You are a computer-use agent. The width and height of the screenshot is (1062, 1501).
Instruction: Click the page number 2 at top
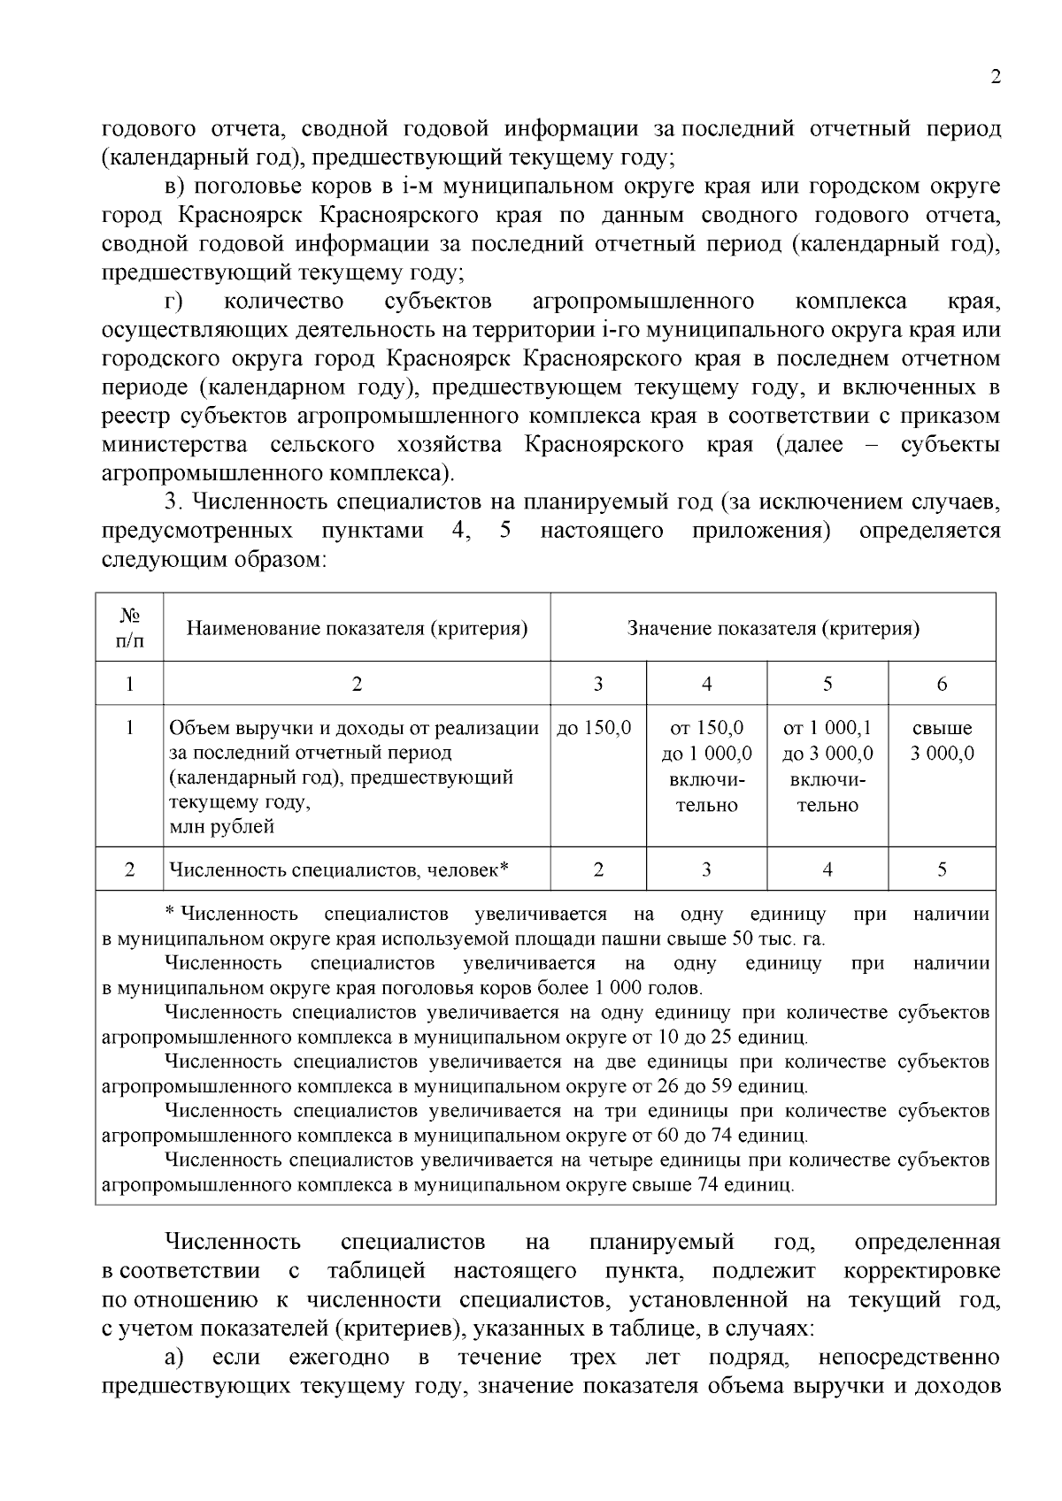(x=996, y=78)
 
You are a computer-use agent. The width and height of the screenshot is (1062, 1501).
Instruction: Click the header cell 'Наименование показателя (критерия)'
(x=357, y=628)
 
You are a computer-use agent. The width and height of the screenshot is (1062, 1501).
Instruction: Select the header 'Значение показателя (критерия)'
(x=773, y=628)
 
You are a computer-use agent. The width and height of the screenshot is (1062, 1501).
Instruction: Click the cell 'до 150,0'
(x=595, y=729)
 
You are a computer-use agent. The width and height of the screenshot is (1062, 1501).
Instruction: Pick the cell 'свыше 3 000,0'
(x=942, y=741)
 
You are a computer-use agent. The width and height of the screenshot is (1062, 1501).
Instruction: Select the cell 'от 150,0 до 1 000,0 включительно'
(x=706, y=766)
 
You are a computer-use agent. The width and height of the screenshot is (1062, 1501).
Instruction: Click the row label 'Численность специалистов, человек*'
(x=339, y=870)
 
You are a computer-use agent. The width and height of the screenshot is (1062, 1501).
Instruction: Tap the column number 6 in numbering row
(x=942, y=684)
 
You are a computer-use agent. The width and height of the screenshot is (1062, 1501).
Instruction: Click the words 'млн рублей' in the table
(x=222, y=827)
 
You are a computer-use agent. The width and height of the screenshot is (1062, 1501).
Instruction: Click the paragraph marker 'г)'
(x=173, y=302)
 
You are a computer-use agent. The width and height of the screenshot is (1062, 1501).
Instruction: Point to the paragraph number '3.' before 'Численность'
(x=174, y=502)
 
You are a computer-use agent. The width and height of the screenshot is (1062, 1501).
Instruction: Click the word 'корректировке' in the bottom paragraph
(x=922, y=1271)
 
